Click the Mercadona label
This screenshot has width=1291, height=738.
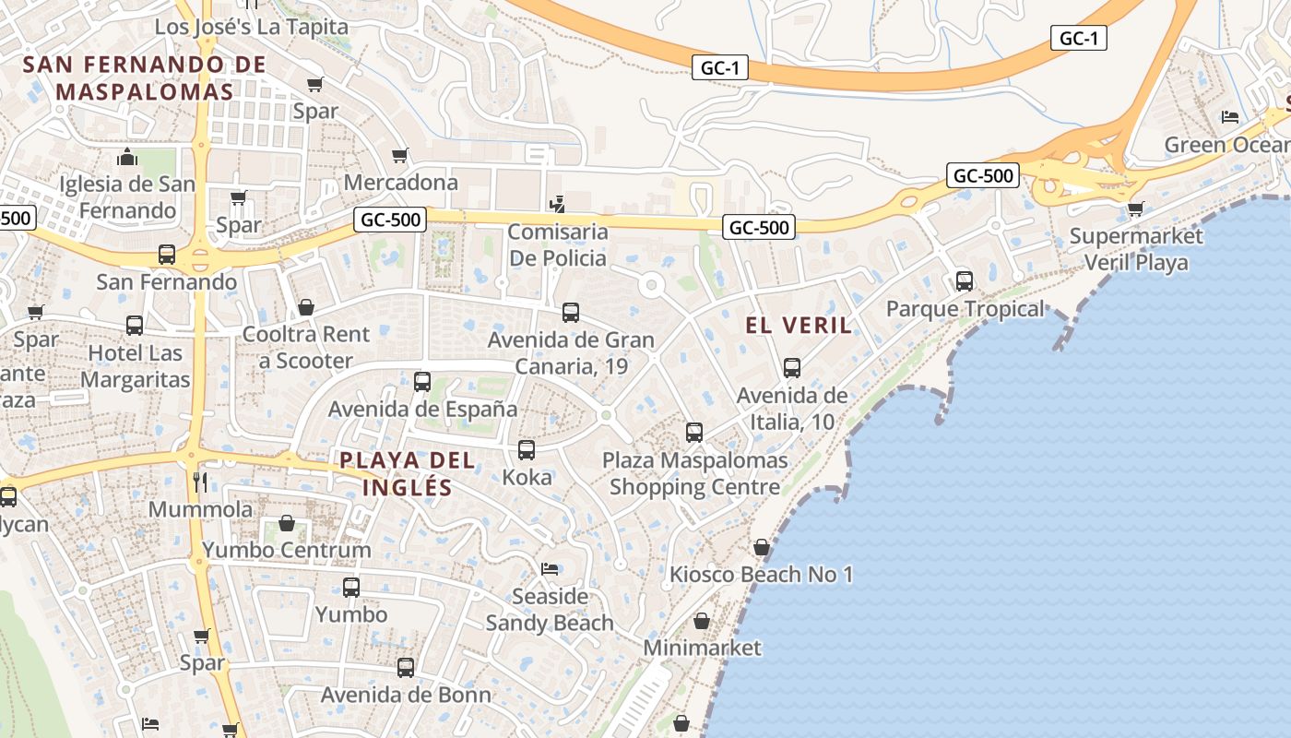coord(400,182)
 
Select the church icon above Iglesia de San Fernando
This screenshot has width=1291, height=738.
coord(127,157)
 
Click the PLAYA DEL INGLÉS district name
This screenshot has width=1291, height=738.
coord(408,473)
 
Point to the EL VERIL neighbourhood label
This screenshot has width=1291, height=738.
coord(799,325)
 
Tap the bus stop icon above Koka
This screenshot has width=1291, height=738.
coord(527,450)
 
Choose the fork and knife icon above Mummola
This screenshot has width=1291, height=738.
coord(200,482)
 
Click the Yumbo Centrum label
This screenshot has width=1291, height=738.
coord(287,550)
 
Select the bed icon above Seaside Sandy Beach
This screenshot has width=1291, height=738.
coord(550,568)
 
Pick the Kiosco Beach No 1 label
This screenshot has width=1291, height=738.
coord(761,575)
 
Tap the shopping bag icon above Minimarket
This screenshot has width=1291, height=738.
coord(702,621)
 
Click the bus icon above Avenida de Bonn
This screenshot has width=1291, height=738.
coord(406,668)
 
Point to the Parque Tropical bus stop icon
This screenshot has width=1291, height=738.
coord(965,280)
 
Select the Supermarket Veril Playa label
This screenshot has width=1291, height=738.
coord(1135,249)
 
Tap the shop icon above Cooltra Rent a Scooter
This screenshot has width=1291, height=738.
coord(305,307)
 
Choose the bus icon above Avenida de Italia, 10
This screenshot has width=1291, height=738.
coord(792,368)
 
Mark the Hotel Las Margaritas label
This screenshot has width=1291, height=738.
coord(135,366)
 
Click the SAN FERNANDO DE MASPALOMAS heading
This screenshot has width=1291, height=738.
coord(145,78)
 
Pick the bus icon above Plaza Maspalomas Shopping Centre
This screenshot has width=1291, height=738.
coord(694,432)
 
